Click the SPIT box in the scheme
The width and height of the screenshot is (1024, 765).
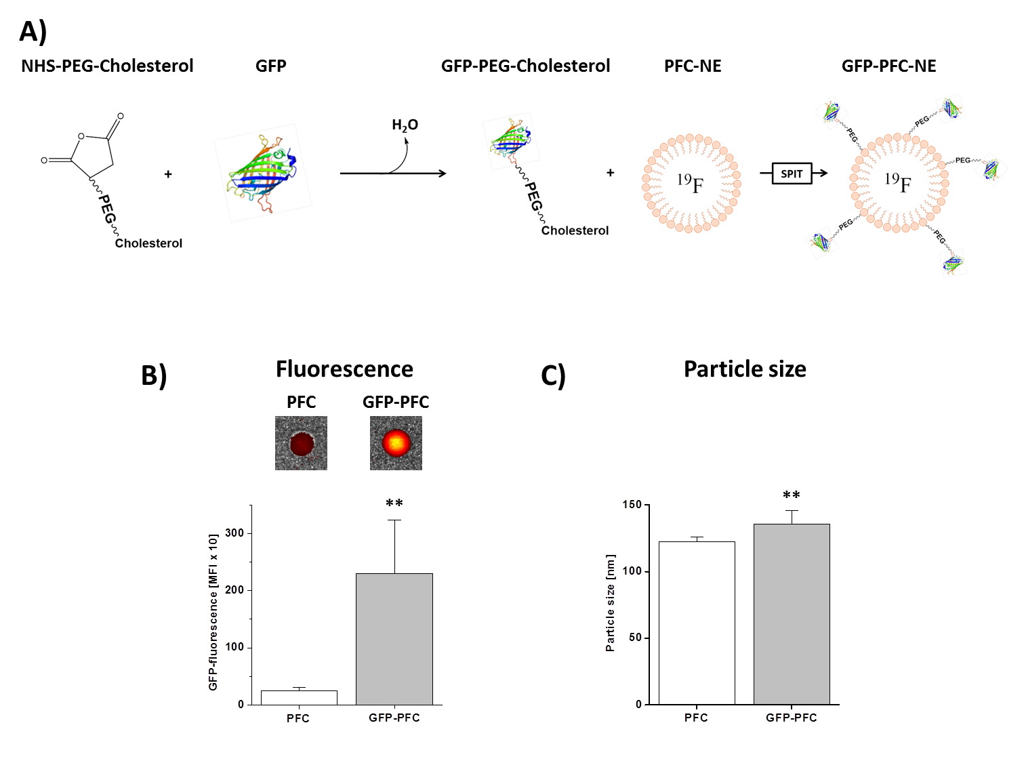tap(792, 174)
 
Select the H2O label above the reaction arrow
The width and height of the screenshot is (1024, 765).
tap(405, 125)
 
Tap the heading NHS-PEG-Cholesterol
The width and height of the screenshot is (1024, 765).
tap(107, 66)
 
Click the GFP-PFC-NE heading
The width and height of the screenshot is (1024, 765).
tap(888, 66)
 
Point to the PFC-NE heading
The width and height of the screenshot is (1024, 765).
tap(693, 66)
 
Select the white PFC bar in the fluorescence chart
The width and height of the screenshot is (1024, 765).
tap(299, 697)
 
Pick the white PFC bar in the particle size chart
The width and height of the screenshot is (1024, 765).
tap(697, 623)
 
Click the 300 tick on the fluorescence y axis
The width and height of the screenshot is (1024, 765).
tap(234, 533)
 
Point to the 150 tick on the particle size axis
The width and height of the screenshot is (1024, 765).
tap(632, 505)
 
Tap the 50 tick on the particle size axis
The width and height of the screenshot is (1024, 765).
tap(635, 638)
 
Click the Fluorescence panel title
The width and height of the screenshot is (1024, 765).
tap(344, 369)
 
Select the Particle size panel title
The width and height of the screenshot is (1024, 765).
tap(745, 369)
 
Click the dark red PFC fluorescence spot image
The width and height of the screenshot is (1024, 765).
tap(301, 443)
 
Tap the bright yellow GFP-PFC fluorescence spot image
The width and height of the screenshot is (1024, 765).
tap(396, 443)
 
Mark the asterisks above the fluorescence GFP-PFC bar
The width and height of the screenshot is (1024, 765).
tap(394, 503)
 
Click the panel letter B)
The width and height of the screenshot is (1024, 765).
tap(154, 375)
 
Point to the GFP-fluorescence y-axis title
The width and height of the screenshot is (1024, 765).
tap(213, 612)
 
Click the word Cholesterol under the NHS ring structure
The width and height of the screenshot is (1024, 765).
tap(148, 243)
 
